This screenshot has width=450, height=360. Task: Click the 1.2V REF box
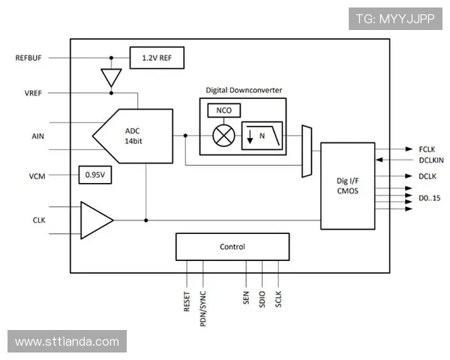[x=157, y=58]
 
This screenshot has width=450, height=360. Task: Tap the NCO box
[x=223, y=110]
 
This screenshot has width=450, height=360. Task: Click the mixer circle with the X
[x=223, y=136]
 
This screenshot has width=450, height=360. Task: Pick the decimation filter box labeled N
[x=262, y=136]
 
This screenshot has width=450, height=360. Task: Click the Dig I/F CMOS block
[x=348, y=185]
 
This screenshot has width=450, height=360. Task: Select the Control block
[x=232, y=247]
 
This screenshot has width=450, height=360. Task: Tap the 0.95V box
[x=94, y=175]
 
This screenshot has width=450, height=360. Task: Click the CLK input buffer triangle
[x=95, y=220]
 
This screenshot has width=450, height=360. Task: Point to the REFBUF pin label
[x=30, y=58]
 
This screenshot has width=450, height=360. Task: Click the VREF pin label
[x=33, y=93]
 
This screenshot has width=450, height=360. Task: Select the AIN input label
[x=38, y=136]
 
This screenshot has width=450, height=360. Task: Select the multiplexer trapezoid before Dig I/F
[x=306, y=151]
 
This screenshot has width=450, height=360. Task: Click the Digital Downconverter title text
[x=244, y=90]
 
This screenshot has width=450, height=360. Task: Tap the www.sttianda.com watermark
[x=67, y=342]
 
